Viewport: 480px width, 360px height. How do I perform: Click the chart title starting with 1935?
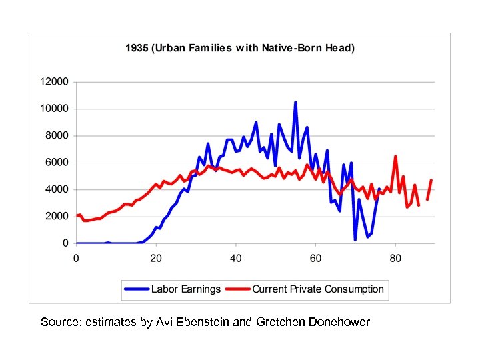coord(241,49)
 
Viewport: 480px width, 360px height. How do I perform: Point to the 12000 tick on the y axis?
coord(55,82)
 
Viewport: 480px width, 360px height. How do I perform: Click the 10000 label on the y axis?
coord(55,109)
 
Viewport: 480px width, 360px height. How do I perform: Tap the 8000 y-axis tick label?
coord(57,136)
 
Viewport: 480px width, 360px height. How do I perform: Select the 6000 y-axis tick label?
coord(57,163)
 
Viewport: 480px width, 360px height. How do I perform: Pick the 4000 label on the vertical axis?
coord(57,189)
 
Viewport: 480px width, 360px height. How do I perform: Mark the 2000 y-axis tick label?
coord(57,217)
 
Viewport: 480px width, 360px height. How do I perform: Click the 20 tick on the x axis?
coord(156,257)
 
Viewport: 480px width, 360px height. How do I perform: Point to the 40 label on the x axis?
coord(235,257)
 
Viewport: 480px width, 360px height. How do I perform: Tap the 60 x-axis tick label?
coord(315,257)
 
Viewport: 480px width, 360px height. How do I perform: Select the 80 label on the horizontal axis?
coord(395,257)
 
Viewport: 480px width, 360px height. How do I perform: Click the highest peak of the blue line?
coord(295,103)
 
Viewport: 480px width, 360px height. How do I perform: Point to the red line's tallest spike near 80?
coord(395,157)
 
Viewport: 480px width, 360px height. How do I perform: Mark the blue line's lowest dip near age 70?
coord(355,239)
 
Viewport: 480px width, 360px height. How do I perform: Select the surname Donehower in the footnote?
coord(338,323)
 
